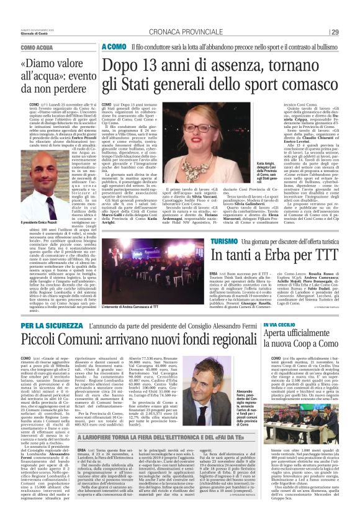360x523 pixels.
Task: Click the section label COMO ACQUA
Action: (37, 47)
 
